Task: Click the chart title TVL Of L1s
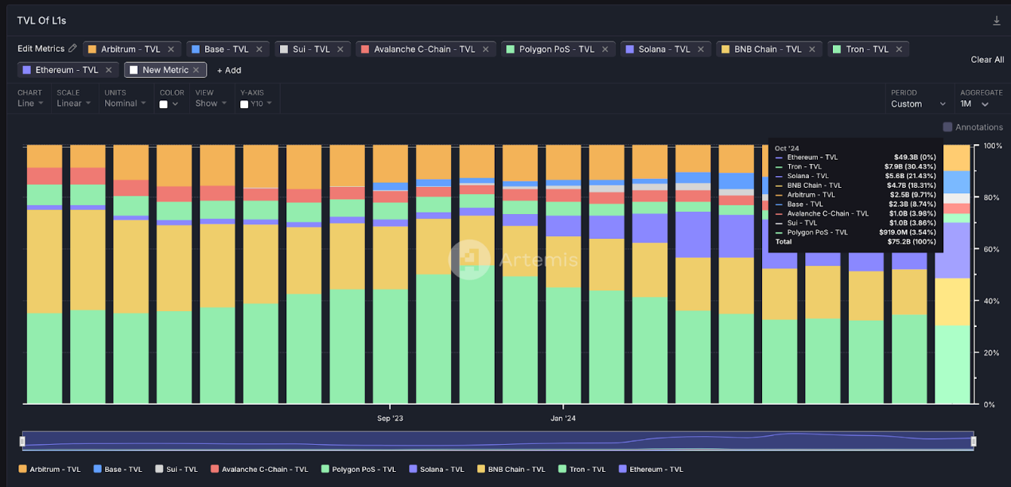pos(41,21)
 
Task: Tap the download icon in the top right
pos(997,21)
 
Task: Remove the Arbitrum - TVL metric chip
pos(170,49)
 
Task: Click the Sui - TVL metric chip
pos(305,49)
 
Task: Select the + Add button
pos(229,70)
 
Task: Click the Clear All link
pos(987,60)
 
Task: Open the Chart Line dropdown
pos(31,103)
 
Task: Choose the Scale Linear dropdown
pos(74,103)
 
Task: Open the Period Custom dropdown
pos(918,104)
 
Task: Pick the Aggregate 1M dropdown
pos(974,104)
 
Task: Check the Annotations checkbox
pos(947,127)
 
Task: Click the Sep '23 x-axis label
pos(390,418)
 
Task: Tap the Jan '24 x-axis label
pos(563,418)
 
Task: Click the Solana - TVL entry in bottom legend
pos(437,469)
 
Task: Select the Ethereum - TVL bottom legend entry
pos(655,469)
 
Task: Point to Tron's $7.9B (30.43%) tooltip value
pos(910,166)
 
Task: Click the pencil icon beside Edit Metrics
pos(72,49)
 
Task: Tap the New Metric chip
pos(165,70)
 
